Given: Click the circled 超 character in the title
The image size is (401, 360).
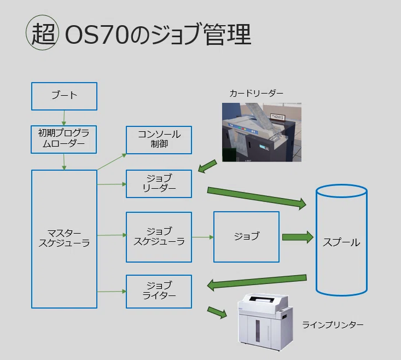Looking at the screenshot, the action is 43,32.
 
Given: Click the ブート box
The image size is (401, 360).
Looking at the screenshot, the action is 64,96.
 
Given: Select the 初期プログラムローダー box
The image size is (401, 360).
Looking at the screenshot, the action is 63,140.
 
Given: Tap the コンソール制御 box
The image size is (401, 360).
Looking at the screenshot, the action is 159,140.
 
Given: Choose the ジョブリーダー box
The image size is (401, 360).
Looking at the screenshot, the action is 159,184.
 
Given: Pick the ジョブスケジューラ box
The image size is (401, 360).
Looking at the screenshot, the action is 159,237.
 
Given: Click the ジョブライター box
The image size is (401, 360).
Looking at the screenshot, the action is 159,292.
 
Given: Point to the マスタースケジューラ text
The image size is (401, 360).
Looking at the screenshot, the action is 64,238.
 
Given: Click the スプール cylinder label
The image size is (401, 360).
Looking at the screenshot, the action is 341,242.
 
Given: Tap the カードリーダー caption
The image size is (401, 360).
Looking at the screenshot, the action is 256,94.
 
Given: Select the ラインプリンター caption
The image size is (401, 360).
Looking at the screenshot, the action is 333,325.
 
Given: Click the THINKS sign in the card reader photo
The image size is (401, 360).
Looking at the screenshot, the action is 277,117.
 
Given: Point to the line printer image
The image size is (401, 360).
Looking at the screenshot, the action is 265,322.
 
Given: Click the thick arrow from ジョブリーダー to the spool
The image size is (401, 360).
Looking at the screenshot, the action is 257,198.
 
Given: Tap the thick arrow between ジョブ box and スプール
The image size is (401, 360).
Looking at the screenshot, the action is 298,237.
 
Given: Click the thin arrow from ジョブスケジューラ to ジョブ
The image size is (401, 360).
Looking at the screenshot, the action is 202,237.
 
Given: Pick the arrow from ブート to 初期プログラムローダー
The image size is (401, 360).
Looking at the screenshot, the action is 64,118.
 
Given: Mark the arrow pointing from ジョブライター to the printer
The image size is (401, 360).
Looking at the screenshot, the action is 217,312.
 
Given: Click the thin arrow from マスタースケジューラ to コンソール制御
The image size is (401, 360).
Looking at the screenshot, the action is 112,161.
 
